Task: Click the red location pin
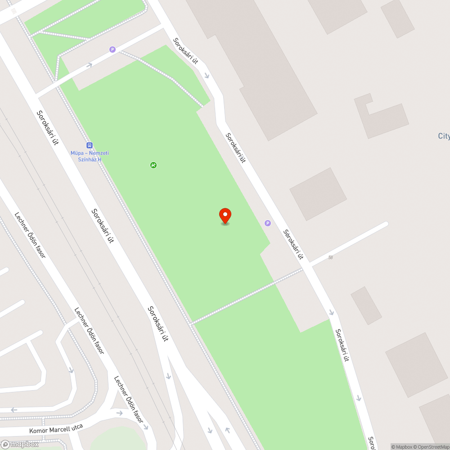coord(225,216)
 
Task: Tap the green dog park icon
coord(153,165)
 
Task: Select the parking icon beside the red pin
coord(268,223)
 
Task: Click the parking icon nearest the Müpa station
coord(112,49)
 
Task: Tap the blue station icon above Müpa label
coord(90,145)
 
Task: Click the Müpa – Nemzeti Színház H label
coord(90,156)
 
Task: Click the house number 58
coord(331,257)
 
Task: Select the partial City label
coord(444,136)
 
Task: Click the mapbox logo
coord(20,444)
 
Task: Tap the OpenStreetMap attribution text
coord(431,447)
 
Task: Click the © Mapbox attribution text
coord(401,447)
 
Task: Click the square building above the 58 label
coord(318,194)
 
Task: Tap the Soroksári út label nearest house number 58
coord(293,244)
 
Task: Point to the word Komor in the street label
coord(38,431)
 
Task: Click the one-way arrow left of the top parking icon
coord(89,65)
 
